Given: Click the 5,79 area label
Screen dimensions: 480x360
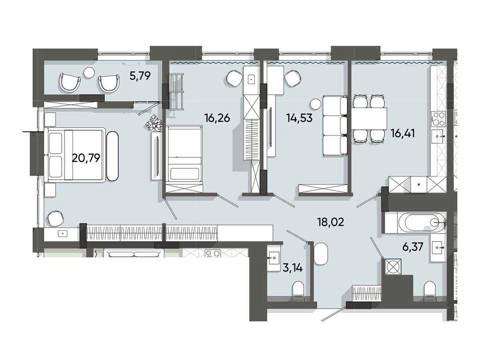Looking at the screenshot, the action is click(x=140, y=76).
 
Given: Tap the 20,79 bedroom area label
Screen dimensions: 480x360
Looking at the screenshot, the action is click(x=86, y=158).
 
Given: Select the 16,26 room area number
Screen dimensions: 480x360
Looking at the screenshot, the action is click(x=217, y=118).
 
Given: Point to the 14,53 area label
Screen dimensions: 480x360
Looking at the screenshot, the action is click(x=299, y=118).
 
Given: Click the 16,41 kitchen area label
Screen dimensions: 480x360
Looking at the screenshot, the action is click(x=403, y=134).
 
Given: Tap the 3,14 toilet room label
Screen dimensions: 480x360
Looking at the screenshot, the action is click(x=292, y=268).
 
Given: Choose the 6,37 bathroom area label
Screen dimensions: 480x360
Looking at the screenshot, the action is click(x=413, y=247).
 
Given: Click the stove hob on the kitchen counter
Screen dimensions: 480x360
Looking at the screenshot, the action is click(x=438, y=119).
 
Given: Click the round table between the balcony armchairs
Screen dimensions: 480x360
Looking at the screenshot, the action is click(x=89, y=72).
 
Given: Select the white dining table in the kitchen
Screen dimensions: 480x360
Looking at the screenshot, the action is click(x=369, y=118).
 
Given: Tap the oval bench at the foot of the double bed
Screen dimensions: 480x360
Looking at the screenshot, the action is click(x=113, y=156).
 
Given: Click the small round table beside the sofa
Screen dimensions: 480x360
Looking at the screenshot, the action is click(x=316, y=104).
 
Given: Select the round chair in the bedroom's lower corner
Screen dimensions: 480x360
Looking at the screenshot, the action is click(x=56, y=218).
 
